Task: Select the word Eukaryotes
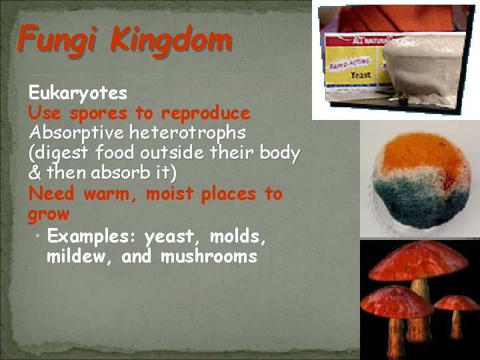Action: click(x=78, y=92)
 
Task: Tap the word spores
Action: click(x=100, y=113)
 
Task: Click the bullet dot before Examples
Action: click(x=41, y=236)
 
